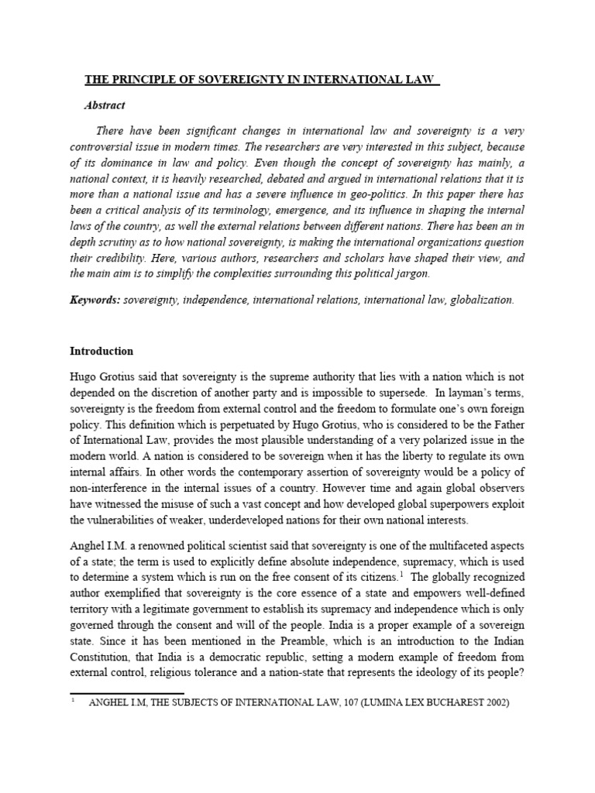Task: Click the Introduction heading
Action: coord(101,351)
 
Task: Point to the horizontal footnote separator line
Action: coord(127,694)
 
